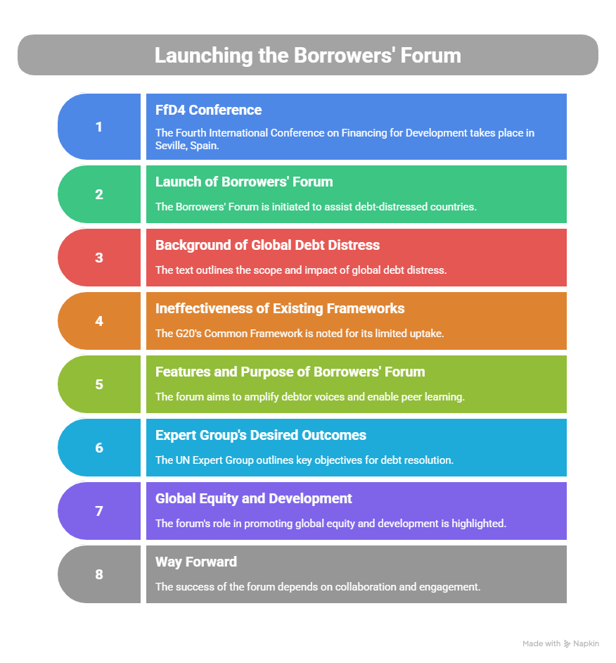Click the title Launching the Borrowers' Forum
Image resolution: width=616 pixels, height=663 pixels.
307,55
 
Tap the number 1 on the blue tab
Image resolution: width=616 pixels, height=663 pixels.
99,127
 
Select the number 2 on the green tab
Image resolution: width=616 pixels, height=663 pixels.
99,194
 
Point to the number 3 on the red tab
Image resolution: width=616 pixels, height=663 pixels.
99,258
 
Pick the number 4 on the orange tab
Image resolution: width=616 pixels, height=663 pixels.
99,321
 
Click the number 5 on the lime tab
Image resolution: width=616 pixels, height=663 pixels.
99,384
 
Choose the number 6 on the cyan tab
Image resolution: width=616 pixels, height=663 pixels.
99,448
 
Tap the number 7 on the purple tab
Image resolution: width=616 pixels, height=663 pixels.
99,511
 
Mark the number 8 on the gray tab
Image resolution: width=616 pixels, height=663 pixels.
99,574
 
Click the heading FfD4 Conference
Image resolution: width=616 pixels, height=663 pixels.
208,110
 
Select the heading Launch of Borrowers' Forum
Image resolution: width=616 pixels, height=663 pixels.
244,182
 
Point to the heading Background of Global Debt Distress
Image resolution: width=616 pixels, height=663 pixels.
267,245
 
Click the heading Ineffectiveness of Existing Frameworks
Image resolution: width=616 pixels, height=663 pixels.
280,308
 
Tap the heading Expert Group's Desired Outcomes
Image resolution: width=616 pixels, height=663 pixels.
261,435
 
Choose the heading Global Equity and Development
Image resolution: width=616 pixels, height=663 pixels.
254,498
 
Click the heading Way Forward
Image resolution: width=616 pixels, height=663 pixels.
196,562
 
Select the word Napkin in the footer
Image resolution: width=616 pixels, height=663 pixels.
586,643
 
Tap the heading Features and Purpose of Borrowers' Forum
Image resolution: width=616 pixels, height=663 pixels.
290,372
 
